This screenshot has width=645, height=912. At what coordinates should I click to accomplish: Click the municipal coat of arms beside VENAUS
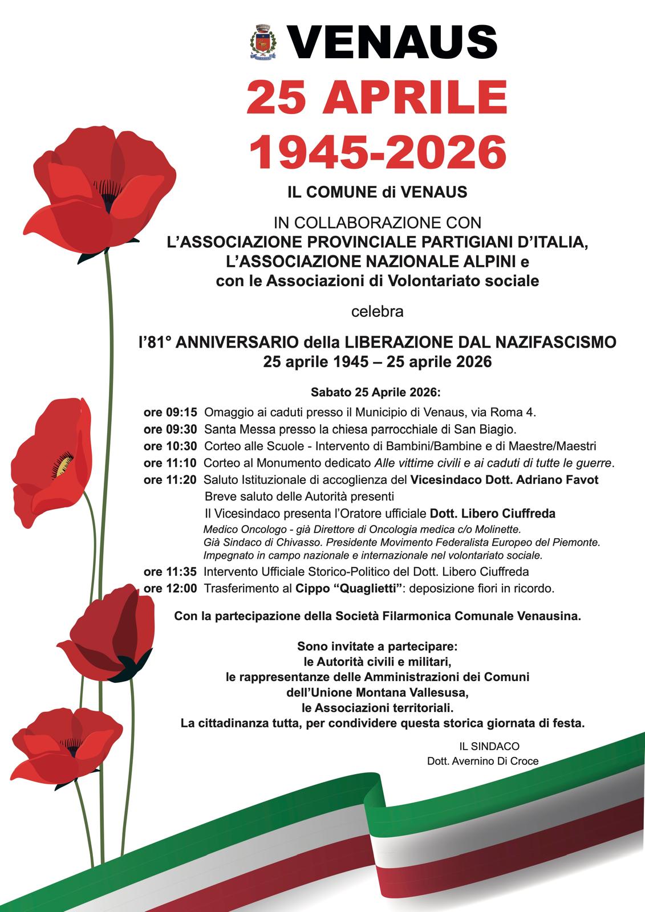pos(263,42)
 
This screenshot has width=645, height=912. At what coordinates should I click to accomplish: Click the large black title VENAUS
pos(393,42)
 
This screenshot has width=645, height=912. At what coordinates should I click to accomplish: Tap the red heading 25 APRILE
pos(377,97)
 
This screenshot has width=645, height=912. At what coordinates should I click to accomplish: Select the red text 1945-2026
pos(378,152)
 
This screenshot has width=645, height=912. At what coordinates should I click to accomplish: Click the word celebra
pos(377,312)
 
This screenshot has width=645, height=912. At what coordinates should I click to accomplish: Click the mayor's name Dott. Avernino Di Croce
pos(482,761)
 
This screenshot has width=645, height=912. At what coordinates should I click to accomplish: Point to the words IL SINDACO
pos(490,746)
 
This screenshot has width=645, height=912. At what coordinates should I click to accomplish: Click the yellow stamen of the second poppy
pos(62,465)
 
